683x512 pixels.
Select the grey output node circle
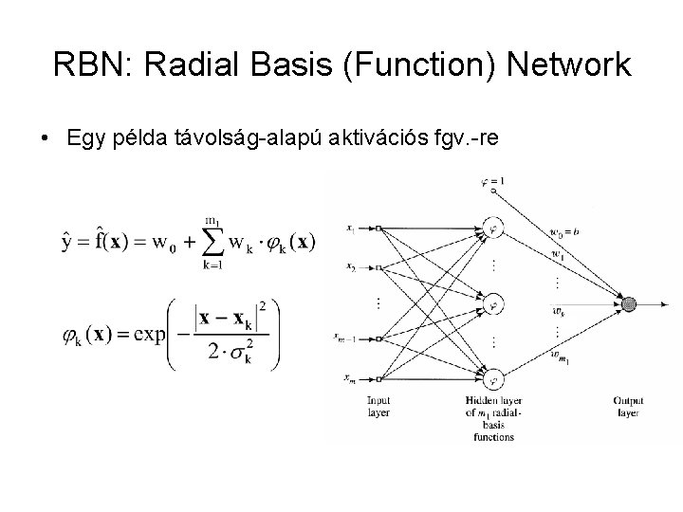tap(628, 303)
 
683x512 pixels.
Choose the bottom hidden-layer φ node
tap(492, 380)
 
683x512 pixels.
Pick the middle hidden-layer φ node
tap(492, 304)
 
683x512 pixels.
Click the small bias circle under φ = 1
tap(492, 192)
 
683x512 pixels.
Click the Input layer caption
tap(378, 406)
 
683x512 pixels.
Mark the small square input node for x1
tap(378, 229)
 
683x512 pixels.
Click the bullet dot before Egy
tap(45, 139)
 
